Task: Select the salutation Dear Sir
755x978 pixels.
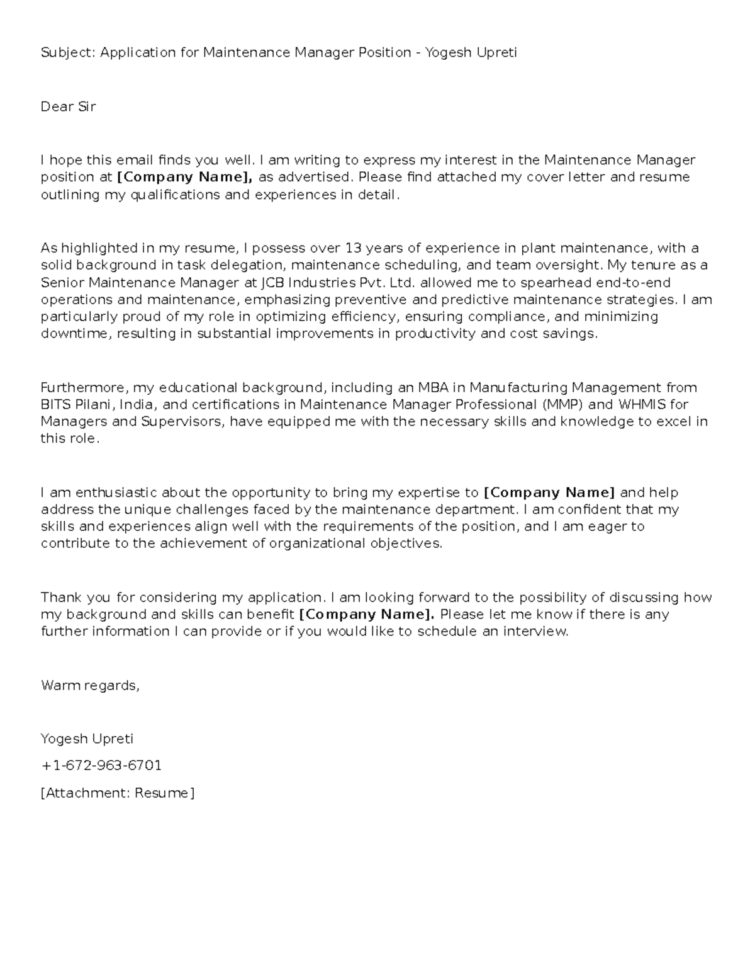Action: [x=68, y=107]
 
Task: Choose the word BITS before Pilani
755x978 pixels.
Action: [x=55, y=404]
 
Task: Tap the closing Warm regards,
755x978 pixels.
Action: [x=89, y=685]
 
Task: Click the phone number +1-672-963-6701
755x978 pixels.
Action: [x=101, y=766]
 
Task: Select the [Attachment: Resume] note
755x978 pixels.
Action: [x=118, y=793]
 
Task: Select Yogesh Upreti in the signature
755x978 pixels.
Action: [x=87, y=739]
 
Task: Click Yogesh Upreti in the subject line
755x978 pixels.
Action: [x=471, y=53]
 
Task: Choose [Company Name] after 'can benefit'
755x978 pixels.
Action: [x=366, y=615]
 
